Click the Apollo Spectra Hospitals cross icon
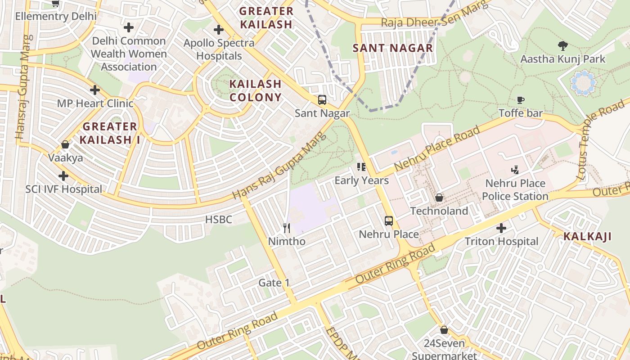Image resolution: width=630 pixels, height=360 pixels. tap(219, 30)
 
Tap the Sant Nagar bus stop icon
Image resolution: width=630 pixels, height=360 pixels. tap(322, 100)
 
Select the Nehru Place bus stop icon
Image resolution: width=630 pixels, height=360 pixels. tap(389, 221)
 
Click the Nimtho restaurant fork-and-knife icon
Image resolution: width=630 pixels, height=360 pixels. tap(287, 228)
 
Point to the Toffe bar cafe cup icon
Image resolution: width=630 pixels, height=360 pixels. tap(521, 100)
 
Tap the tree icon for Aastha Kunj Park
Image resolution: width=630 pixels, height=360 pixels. tap(562, 45)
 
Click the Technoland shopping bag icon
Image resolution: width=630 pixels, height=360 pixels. tap(439, 198)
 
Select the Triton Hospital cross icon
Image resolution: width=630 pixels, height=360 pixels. tap(501, 228)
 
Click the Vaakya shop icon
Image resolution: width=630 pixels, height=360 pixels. tap(65, 144)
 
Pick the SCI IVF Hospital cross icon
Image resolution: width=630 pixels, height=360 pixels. tap(63, 176)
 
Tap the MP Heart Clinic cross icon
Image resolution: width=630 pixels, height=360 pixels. tap(95, 90)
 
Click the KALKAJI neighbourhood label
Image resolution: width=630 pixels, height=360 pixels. tap(587, 237)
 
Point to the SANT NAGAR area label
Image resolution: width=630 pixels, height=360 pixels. tap(392, 48)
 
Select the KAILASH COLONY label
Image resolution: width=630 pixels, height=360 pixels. tap(255, 90)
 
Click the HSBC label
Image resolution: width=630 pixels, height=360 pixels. tap(219, 220)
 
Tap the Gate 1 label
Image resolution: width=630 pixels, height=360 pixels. tap(274, 283)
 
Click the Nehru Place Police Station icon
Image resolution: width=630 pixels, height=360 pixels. tap(515, 170)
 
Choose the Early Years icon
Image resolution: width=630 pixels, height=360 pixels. tap(361, 167)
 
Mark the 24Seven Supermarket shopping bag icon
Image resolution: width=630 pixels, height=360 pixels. tap(444, 330)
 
